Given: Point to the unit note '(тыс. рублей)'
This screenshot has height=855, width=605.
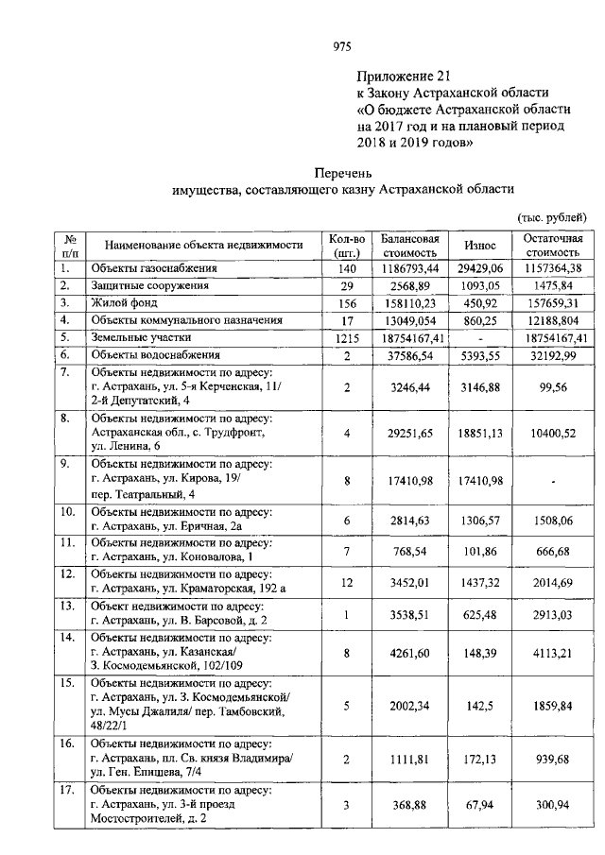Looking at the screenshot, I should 552,218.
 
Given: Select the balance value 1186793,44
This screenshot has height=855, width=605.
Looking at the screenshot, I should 410,268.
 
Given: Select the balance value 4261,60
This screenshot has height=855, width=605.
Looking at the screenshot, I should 410,650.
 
